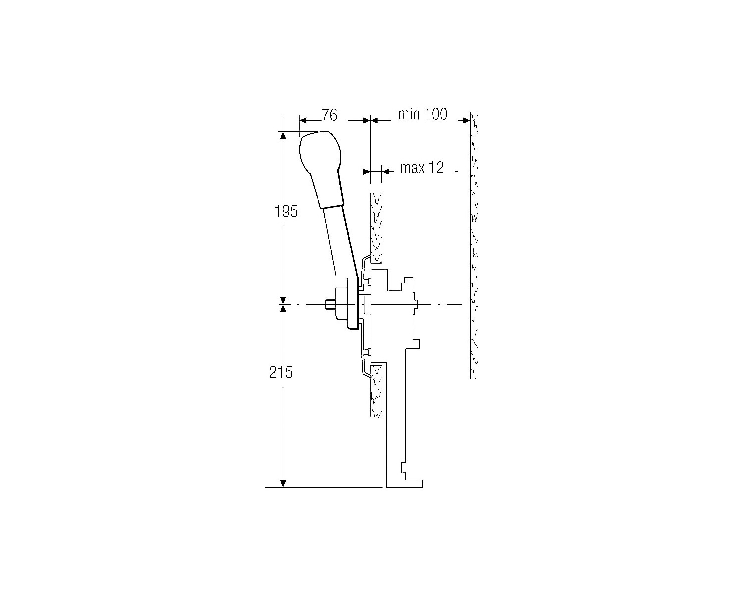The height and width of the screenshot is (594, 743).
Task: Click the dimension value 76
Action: pyautogui.click(x=330, y=115)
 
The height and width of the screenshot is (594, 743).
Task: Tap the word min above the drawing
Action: pyautogui.click(x=409, y=114)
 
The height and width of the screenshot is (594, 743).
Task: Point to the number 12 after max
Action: pyautogui.click(x=436, y=168)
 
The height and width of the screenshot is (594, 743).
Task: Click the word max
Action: pyautogui.click(x=413, y=168)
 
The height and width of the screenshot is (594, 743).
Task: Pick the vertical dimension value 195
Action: pyautogui.click(x=286, y=211)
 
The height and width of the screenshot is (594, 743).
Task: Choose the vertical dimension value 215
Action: pyautogui.click(x=281, y=372)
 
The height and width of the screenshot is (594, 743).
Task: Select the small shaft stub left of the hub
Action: pyautogui.click(x=330, y=304)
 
